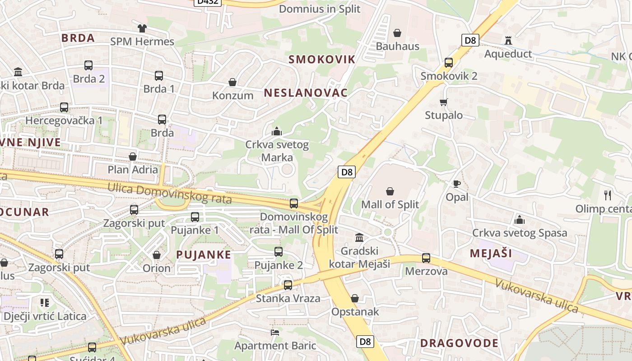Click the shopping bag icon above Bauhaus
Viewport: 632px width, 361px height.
tap(397, 33)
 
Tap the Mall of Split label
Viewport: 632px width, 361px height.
tap(390, 204)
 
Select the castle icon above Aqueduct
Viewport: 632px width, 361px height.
tap(508, 41)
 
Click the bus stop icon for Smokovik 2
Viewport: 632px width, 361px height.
tap(449, 63)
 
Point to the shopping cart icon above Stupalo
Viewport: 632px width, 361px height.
tap(444, 102)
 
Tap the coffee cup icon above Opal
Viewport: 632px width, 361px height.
tap(457, 184)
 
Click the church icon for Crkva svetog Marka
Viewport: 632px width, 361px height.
tap(277, 132)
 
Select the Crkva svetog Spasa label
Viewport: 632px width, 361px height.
tap(520, 233)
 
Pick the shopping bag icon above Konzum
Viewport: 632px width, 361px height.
tap(232, 82)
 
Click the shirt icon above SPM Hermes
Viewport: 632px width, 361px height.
tap(142, 28)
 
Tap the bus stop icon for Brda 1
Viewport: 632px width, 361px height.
tap(159, 76)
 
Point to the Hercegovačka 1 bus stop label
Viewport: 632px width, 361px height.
tap(64, 120)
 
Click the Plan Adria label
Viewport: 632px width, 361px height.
tap(133, 170)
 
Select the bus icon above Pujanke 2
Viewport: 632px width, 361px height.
tap(279, 252)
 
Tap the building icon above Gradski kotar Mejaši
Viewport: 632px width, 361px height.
tap(360, 237)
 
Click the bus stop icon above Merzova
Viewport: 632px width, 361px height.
tap(426, 258)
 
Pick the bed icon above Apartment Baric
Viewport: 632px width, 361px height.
tap(275, 333)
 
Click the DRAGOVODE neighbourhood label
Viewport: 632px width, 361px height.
tap(460, 343)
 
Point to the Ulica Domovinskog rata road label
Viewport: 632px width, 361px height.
tap(170, 193)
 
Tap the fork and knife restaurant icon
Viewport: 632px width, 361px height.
tap(608, 195)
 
